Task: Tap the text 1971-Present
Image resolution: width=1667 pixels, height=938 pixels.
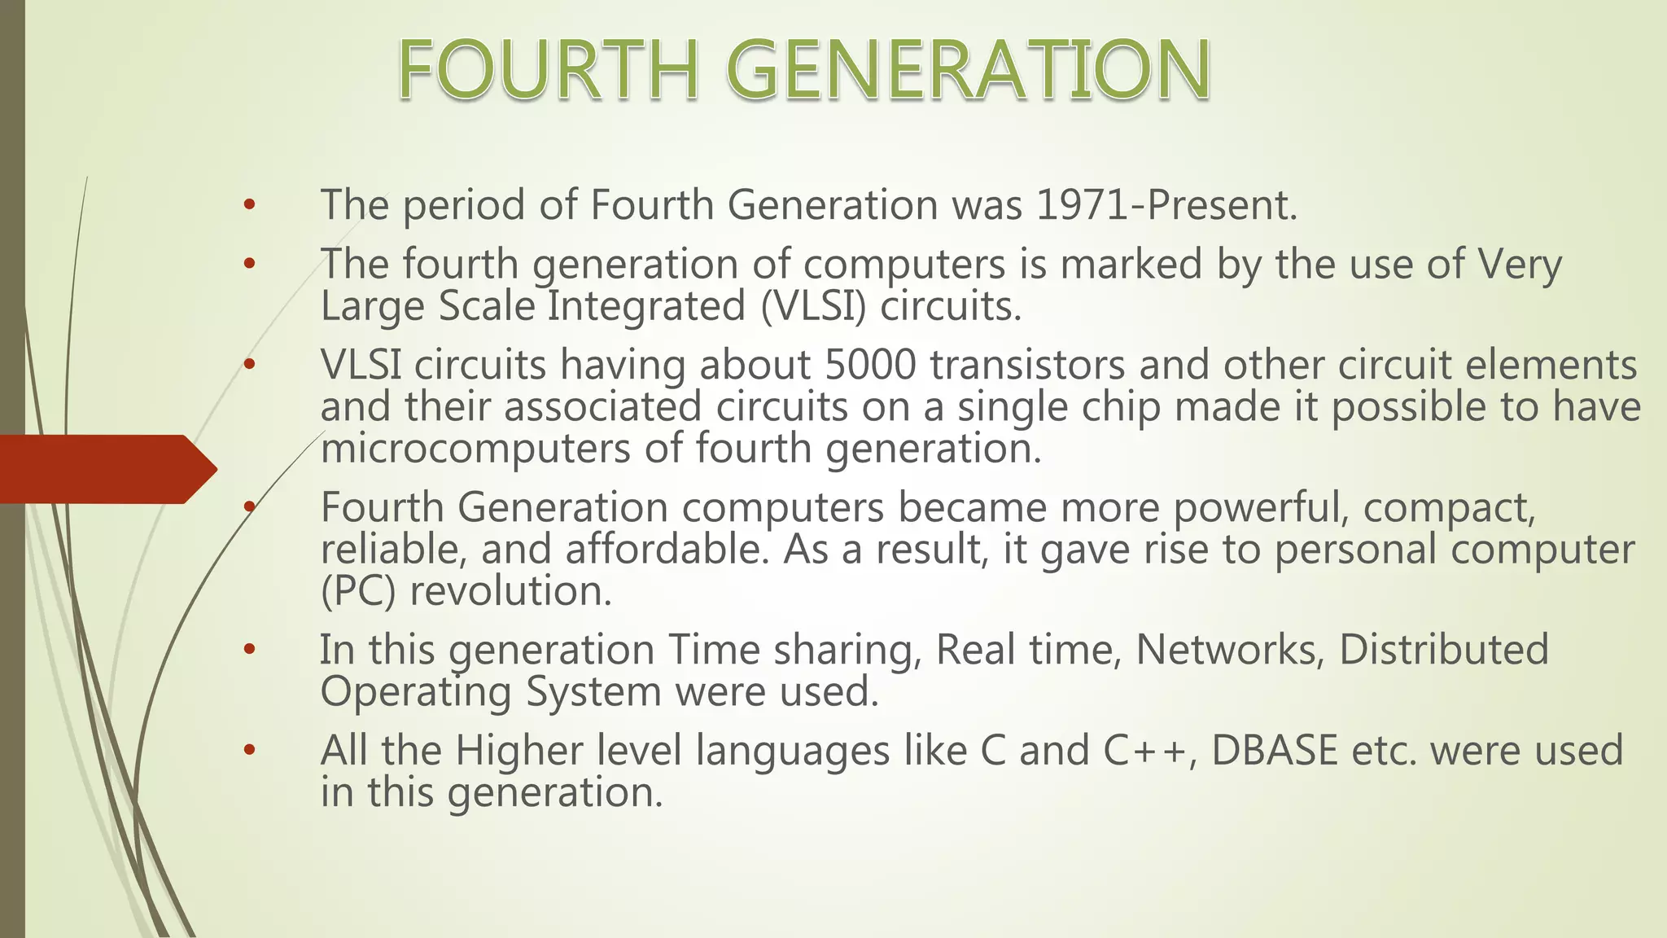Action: click(1166, 204)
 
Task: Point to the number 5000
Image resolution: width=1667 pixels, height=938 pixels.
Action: click(869, 365)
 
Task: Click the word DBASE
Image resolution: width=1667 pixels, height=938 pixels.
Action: click(1274, 750)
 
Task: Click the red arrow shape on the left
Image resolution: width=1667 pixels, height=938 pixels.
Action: click(106, 469)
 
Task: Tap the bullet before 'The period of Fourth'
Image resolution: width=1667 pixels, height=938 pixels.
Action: click(249, 205)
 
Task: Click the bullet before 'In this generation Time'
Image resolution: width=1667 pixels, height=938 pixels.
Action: click(249, 650)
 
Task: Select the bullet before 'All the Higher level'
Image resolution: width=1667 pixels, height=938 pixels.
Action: click(249, 750)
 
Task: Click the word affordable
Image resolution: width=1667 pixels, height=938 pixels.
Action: click(667, 550)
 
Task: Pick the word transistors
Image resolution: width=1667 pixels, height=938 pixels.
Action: click(1027, 365)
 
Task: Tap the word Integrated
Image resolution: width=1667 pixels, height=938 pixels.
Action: click(646, 307)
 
